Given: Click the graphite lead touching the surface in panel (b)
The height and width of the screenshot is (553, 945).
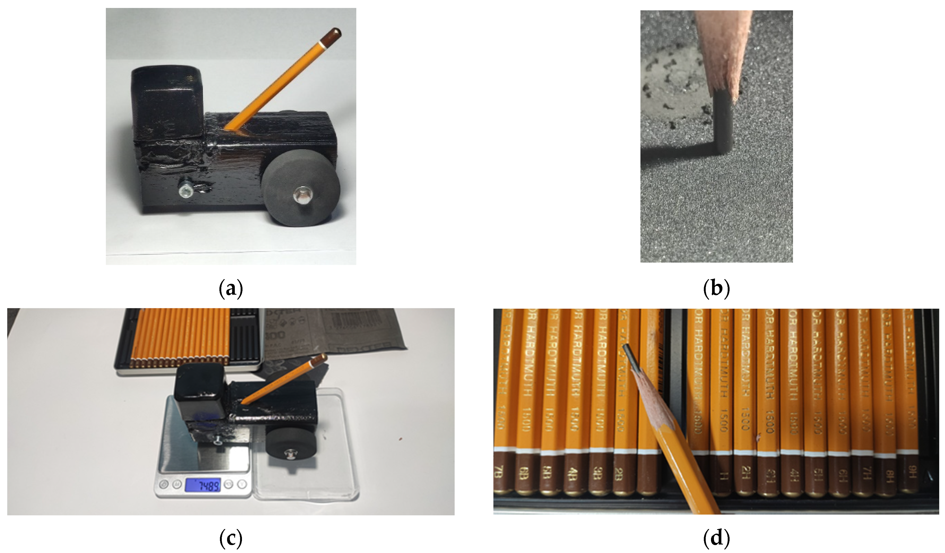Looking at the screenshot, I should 722,124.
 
